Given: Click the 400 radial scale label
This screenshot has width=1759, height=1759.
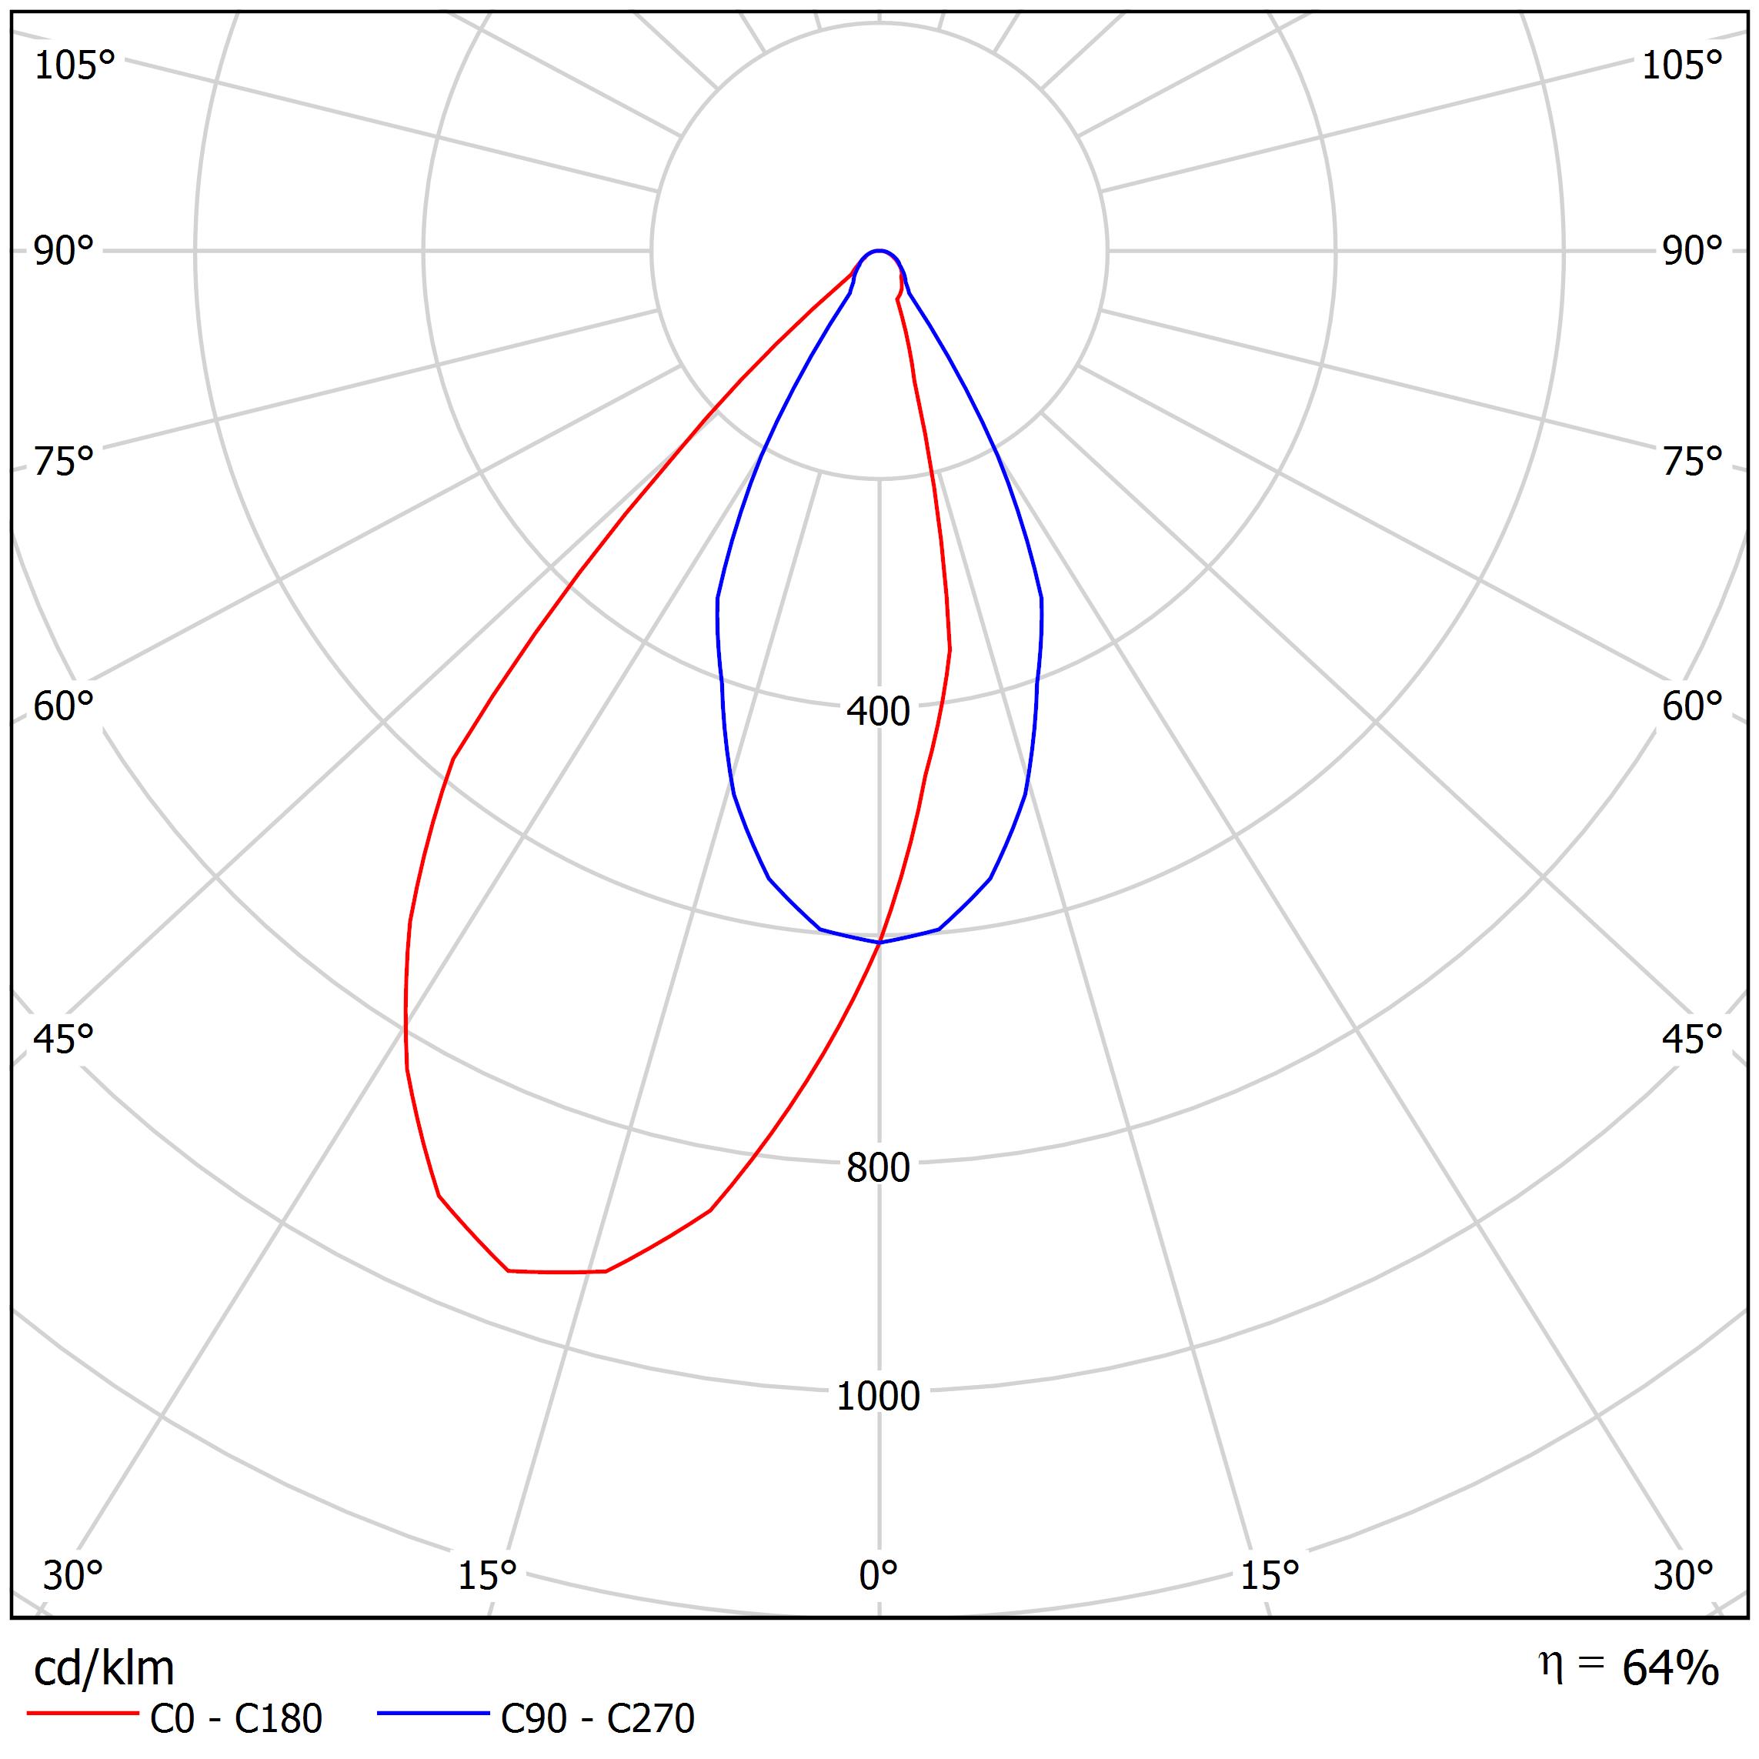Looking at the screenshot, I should [x=878, y=712].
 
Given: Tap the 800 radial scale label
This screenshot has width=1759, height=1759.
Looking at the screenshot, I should [x=878, y=1168].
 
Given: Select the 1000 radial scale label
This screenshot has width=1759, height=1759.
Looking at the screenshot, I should [x=878, y=1396].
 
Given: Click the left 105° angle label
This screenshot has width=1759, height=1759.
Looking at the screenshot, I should [x=75, y=65].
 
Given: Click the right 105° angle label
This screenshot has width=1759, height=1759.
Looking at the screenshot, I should [x=1681, y=65].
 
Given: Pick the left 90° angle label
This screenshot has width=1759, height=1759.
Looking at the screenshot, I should [x=64, y=252].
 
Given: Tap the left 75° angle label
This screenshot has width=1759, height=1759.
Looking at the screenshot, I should [x=64, y=462].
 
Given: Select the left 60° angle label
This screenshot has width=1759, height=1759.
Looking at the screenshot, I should [x=64, y=706].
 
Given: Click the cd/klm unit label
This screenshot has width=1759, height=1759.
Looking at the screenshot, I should [x=104, y=1669].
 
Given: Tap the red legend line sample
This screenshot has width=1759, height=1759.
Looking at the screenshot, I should [x=82, y=1714].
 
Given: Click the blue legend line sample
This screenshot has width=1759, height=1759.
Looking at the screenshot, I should [x=433, y=1714].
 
